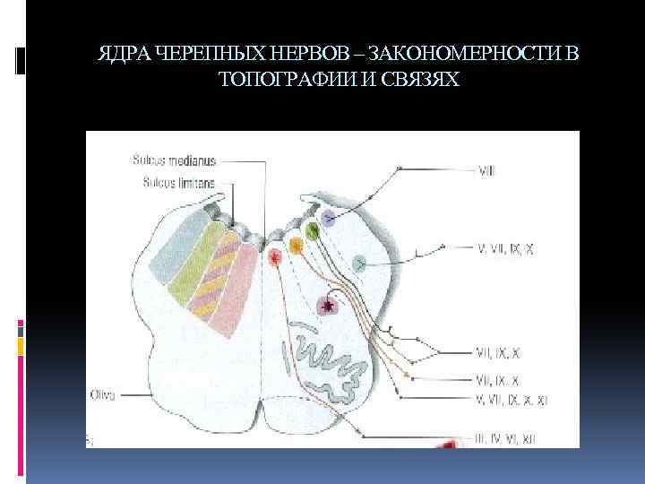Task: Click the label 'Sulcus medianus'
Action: click(x=174, y=161)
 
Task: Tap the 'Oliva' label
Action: click(x=103, y=393)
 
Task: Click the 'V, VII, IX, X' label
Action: click(x=508, y=247)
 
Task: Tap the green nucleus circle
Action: click(x=312, y=230)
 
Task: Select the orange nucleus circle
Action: click(x=295, y=244)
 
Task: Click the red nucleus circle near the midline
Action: click(x=275, y=255)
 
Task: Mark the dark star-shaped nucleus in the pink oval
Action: click(x=330, y=306)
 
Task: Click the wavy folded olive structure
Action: click(x=327, y=359)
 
